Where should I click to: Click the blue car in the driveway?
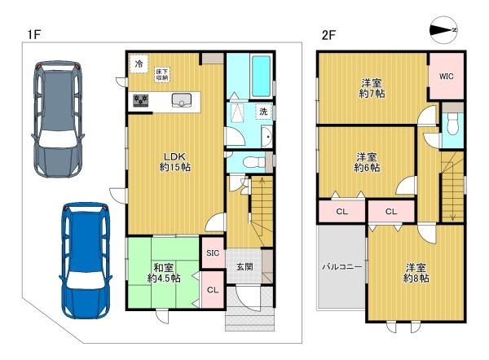click(x=86, y=261)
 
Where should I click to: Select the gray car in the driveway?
click(x=58, y=119)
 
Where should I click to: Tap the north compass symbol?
click(x=443, y=30)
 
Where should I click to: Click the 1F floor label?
click(x=34, y=35)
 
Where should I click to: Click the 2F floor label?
click(x=328, y=35)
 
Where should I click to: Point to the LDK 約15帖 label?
click(x=175, y=162)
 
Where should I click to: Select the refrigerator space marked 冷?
click(x=139, y=64)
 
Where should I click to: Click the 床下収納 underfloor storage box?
click(x=162, y=74)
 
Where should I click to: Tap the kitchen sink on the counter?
click(x=182, y=100)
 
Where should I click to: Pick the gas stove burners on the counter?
click(x=141, y=100)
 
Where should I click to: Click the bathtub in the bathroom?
click(x=261, y=77)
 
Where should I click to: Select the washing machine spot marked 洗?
click(x=263, y=112)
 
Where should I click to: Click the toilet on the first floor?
click(x=253, y=162)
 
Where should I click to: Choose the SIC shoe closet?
click(x=213, y=252)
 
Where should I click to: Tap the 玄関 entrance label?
click(x=244, y=267)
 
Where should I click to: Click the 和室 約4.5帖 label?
click(x=164, y=273)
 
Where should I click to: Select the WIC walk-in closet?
click(x=447, y=77)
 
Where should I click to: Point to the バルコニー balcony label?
click(x=342, y=267)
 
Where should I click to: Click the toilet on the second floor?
click(x=452, y=124)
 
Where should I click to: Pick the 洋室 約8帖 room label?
click(x=416, y=273)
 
